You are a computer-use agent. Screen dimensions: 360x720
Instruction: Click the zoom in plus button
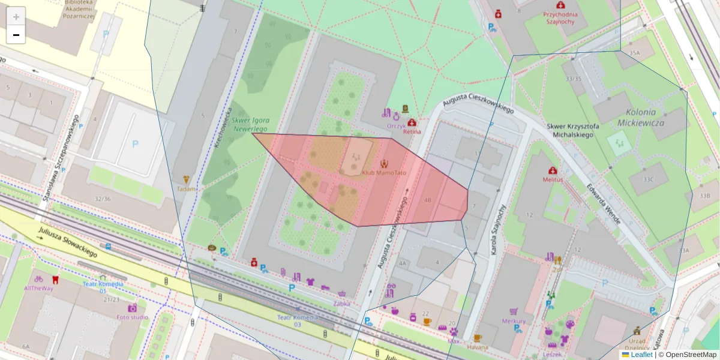pyautogui.click(x=16, y=17)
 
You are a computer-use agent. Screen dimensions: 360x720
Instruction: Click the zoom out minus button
pyautogui.click(x=16, y=35)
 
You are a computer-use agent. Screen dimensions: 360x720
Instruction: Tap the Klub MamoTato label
pyautogui.click(x=384, y=173)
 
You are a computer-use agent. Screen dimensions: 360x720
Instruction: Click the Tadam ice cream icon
pyautogui.click(x=186, y=179)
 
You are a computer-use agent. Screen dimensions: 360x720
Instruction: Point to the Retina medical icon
pyautogui.click(x=412, y=122)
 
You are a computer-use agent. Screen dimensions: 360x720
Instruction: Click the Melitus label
pyautogui.click(x=553, y=179)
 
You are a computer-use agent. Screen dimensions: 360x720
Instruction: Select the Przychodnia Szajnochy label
pyautogui.click(x=559, y=17)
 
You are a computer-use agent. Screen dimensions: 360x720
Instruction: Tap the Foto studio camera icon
pyautogui.click(x=132, y=308)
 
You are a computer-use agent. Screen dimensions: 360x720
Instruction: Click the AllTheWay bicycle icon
pyautogui.click(x=38, y=279)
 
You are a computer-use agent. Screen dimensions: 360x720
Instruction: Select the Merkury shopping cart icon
pyautogui.click(x=514, y=311)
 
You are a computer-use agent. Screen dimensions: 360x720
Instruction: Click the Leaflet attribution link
pyautogui.click(x=641, y=355)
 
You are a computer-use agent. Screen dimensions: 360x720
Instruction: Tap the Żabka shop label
pyautogui.click(x=341, y=304)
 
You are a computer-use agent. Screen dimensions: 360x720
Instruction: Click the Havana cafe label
pyautogui.click(x=478, y=347)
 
